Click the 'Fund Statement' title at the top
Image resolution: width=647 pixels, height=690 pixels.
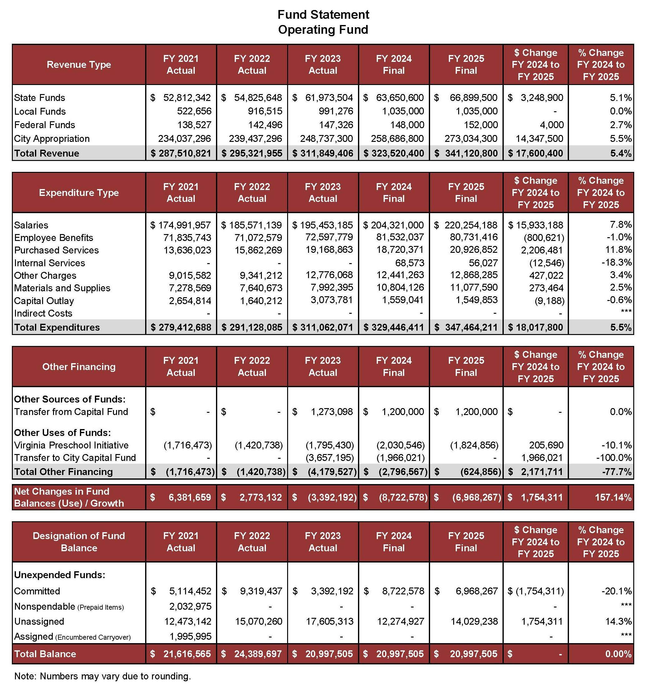tap(323, 15)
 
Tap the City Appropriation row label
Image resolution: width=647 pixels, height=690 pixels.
tap(52, 139)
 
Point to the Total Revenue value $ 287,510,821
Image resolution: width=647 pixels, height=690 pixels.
tap(181, 153)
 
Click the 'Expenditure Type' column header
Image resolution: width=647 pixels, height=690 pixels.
tap(79, 192)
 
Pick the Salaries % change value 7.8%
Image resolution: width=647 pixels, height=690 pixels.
tap(621, 225)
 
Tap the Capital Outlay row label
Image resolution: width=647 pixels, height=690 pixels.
tap(44, 301)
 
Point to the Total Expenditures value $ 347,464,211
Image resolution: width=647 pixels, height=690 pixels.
tap(466, 327)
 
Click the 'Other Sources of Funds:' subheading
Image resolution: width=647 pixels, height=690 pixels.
tap(70, 399)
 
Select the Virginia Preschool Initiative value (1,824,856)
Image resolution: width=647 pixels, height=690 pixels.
tap(474, 445)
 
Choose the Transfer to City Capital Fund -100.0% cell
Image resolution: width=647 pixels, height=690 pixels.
tap(614, 457)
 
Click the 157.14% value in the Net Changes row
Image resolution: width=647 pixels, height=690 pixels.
tap(613, 497)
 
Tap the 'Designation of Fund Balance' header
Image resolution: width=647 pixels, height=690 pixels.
tap(79, 542)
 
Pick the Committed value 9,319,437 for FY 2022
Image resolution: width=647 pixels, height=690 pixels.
tap(261, 591)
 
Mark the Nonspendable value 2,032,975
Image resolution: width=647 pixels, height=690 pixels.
tap(190, 606)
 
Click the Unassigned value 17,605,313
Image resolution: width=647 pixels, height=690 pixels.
tap(329, 621)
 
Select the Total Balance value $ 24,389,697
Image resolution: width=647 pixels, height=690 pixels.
tap(252, 654)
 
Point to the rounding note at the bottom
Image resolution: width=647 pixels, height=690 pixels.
tap(103, 676)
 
